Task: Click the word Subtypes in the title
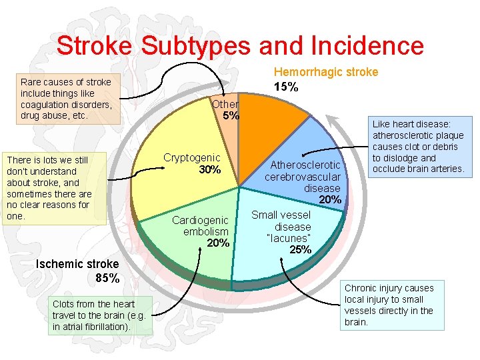point(185,45)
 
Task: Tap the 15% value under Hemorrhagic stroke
point(286,87)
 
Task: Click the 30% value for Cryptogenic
point(209,170)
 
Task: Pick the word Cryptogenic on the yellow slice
point(192,158)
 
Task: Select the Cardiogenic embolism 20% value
point(218,243)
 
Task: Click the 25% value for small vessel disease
point(300,250)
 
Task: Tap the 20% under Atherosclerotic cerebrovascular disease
point(331,200)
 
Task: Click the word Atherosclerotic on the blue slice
point(305,165)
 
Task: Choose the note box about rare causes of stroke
point(66,99)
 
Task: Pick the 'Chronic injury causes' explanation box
point(393,305)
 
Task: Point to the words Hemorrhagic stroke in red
point(326,72)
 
